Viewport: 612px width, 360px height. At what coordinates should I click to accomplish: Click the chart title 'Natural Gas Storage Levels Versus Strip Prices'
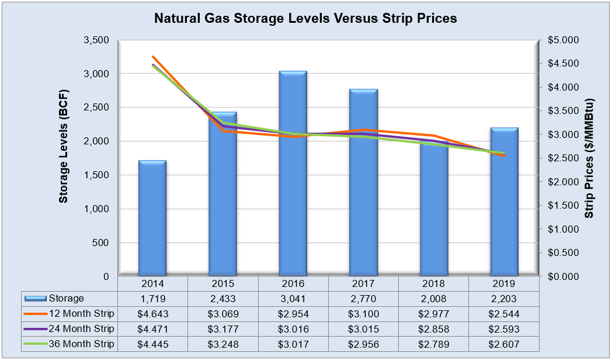tap(305, 18)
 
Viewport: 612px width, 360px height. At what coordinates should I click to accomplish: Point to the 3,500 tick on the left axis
tap(96, 40)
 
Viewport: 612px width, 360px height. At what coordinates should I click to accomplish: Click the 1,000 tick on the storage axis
tap(96, 209)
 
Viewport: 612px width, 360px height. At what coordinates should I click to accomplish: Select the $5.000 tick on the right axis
tap(562, 40)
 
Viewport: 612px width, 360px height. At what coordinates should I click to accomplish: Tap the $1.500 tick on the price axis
tap(562, 205)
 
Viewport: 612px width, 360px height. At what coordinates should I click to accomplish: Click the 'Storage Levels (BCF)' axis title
tap(64, 147)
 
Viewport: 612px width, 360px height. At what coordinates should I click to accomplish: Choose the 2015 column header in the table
tap(223, 283)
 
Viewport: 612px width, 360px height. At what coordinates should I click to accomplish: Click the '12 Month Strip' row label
tap(81, 313)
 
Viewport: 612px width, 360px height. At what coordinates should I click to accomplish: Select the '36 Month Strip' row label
tap(81, 344)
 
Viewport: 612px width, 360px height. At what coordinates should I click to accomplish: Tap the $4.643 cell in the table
tap(152, 313)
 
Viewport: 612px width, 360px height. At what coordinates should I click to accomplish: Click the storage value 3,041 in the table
tap(293, 299)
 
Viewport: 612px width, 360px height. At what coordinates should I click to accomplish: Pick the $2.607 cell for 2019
tap(504, 344)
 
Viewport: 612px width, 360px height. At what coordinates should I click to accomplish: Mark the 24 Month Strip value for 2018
tap(434, 328)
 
